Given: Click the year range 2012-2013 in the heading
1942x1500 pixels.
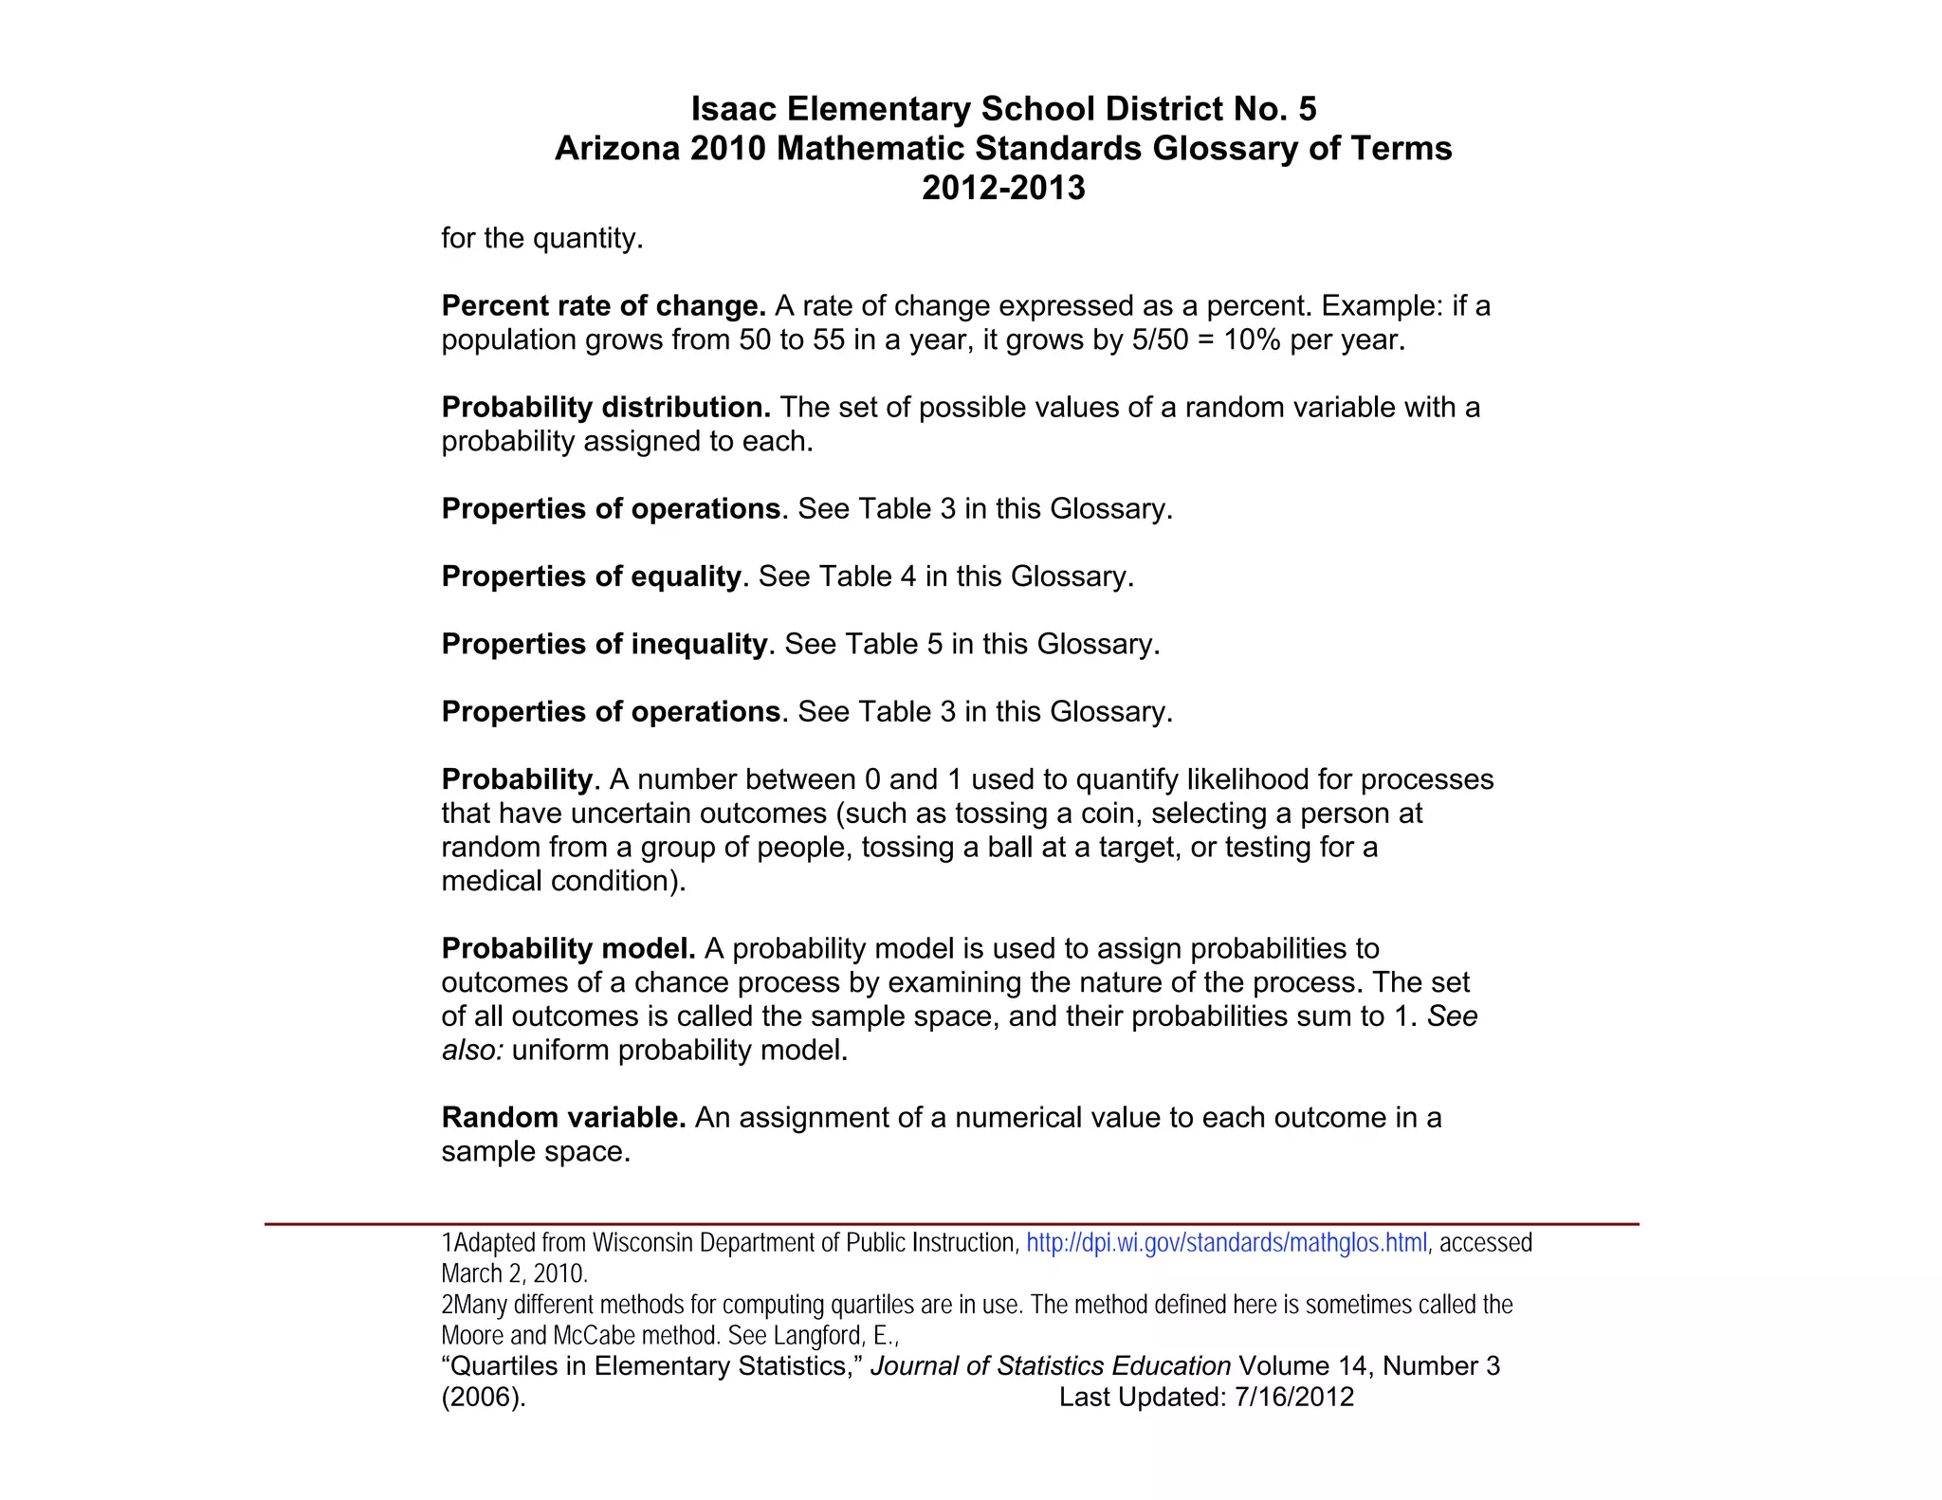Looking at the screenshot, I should pyautogui.click(x=1003, y=188).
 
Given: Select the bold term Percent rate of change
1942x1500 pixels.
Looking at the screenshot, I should pyautogui.click(x=604, y=306).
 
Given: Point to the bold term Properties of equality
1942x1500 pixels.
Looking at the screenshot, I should pyautogui.click(x=591, y=576).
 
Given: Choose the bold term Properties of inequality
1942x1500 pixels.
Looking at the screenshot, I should pyautogui.click(x=604, y=645).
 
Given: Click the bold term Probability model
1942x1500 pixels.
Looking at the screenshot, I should pyautogui.click(x=569, y=949).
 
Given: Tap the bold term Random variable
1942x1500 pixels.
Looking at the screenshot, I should pyautogui.click(x=564, y=1118).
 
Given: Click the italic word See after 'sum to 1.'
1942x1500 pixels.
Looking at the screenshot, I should pyautogui.click(x=1453, y=1016).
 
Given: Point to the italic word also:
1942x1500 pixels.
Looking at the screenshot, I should pyautogui.click(x=472, y=1051).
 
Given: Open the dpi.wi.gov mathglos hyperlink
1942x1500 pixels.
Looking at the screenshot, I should pyautogui.click(x=1226, y=1243).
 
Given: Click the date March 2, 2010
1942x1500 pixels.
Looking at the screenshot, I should pyautogui.click(x=515, y=1273).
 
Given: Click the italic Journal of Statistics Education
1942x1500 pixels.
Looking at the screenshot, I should pyautogui.click(x=1051, y=1366).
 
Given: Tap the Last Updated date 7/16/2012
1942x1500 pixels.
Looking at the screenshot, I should pyautogui.click(x=1295, y=1397).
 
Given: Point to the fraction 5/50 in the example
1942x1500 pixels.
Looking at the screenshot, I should pyautogui.click(x=1160, y=340).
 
